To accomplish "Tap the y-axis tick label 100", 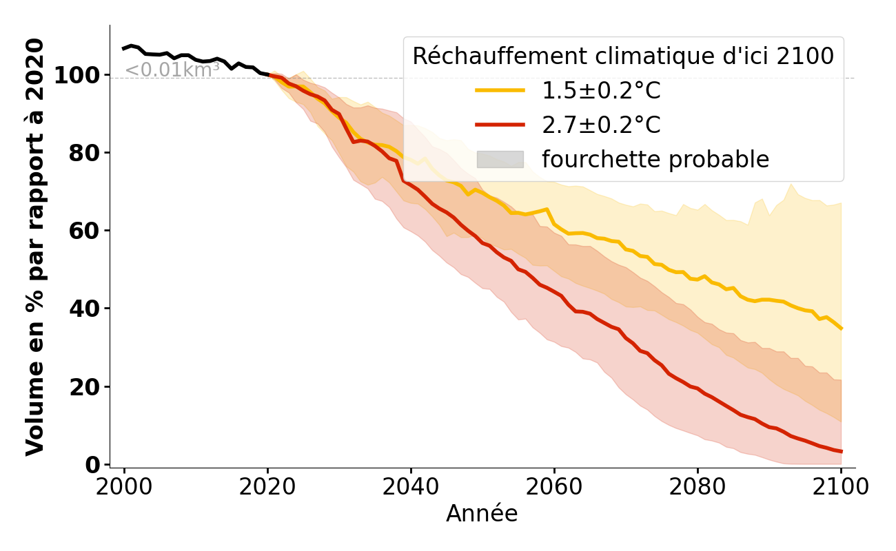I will [x=77, y=75].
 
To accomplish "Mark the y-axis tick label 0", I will [x=92, y=465].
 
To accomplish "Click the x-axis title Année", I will [x=482, y=514].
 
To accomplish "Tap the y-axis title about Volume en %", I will [x=35, y=247].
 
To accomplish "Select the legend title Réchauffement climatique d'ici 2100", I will [x=623, y=56].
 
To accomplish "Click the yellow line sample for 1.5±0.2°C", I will [x=500, y=90].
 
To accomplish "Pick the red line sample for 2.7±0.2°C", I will [x=500, y=125].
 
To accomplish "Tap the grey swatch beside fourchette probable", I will [x=500, y=159].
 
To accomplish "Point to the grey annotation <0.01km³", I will [x=172, y=70].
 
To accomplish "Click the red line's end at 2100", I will [x=841, y=452].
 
